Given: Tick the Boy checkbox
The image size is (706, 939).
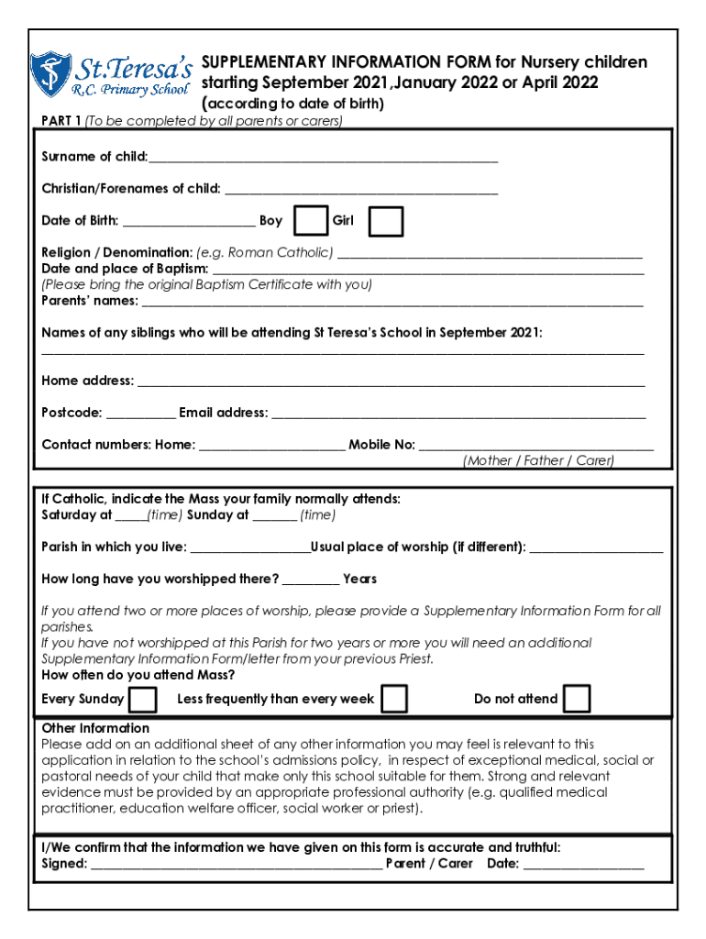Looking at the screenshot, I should tap(312, 221).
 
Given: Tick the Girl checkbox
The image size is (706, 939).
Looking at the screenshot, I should tap(387, 221).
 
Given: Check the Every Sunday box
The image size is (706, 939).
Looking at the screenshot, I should tap(143, 700).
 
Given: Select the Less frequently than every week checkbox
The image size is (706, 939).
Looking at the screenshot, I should tap(394, 700).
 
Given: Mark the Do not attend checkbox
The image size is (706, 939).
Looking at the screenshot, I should tap(577, 700).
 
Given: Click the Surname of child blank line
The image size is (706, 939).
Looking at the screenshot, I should tap(323, 159).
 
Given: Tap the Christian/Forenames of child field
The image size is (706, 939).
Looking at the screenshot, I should tap(360, 191).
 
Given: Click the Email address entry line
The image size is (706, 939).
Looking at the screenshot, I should tap(458, 414).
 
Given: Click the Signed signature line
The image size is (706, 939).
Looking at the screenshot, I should tap(236, 865).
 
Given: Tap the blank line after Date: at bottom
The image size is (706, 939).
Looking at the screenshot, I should tap(583, 865).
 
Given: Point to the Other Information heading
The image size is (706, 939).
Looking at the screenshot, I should tap(95, 728).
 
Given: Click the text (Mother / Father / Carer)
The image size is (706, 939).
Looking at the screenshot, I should tap(538, 461).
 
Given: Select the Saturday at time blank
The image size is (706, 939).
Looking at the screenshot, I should tap(131, 516).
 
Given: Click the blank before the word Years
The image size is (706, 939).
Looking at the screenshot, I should tap(311, 580).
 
